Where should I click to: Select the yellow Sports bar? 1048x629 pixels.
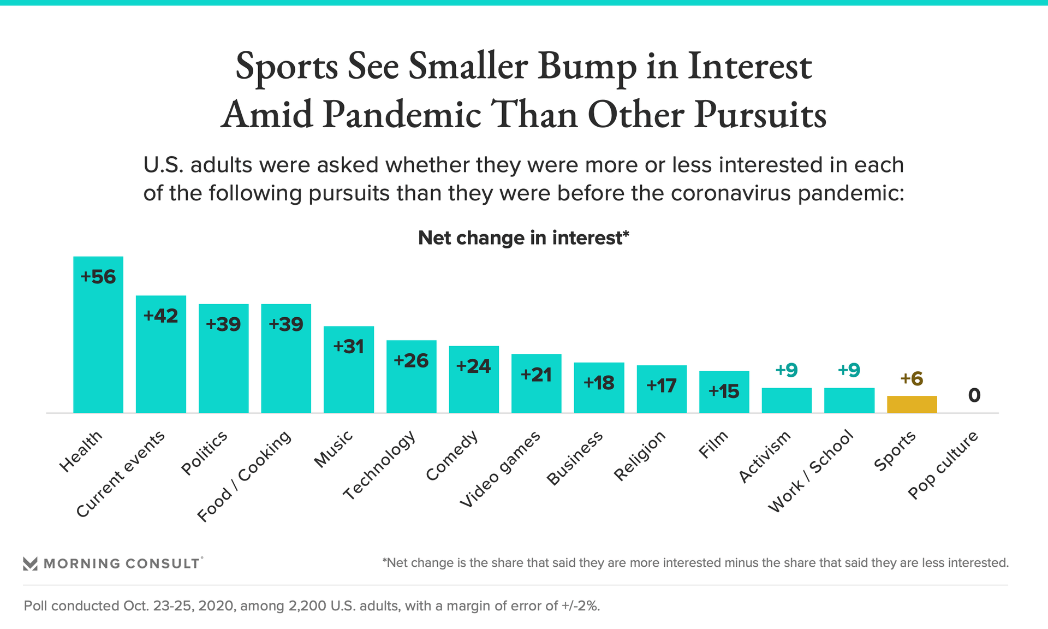(912, 405)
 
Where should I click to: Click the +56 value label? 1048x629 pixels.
(98, 277)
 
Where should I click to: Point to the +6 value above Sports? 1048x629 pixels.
(912, 378)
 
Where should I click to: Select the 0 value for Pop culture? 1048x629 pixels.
(974, 395)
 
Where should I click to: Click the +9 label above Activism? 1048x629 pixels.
(787, 370)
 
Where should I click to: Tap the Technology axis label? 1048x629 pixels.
(380, 465)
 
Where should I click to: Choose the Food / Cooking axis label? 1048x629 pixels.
(245, 476)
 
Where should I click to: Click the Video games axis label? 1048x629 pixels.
(500, 469)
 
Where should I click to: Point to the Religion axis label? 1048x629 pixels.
(640, 456)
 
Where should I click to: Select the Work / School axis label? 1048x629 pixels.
(811, 471)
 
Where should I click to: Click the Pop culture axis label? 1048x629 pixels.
(943, 465)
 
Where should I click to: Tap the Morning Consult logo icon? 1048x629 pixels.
(30, 563)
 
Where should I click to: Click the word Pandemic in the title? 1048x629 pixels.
(401, 115)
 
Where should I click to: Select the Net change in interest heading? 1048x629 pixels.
(523, 238)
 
